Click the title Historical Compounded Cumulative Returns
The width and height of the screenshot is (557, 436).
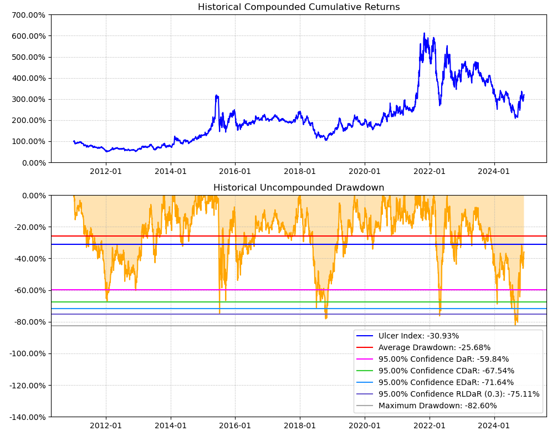click(x=299, y=7)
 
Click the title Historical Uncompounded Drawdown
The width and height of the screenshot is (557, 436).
click(x=299, y=188)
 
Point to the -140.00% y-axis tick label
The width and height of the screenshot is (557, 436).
click(x=28, y=417)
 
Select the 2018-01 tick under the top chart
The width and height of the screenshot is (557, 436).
click(x=300, y=171)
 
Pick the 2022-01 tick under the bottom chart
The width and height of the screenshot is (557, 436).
click(x=430, y=425)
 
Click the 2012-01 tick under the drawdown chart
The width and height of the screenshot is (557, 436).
click(x=105, y=425)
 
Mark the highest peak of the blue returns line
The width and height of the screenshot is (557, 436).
click(x=425, y=33)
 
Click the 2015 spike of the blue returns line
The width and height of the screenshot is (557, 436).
click(x=216, y=95)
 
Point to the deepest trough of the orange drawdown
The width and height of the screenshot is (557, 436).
click(x=515, y=325)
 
